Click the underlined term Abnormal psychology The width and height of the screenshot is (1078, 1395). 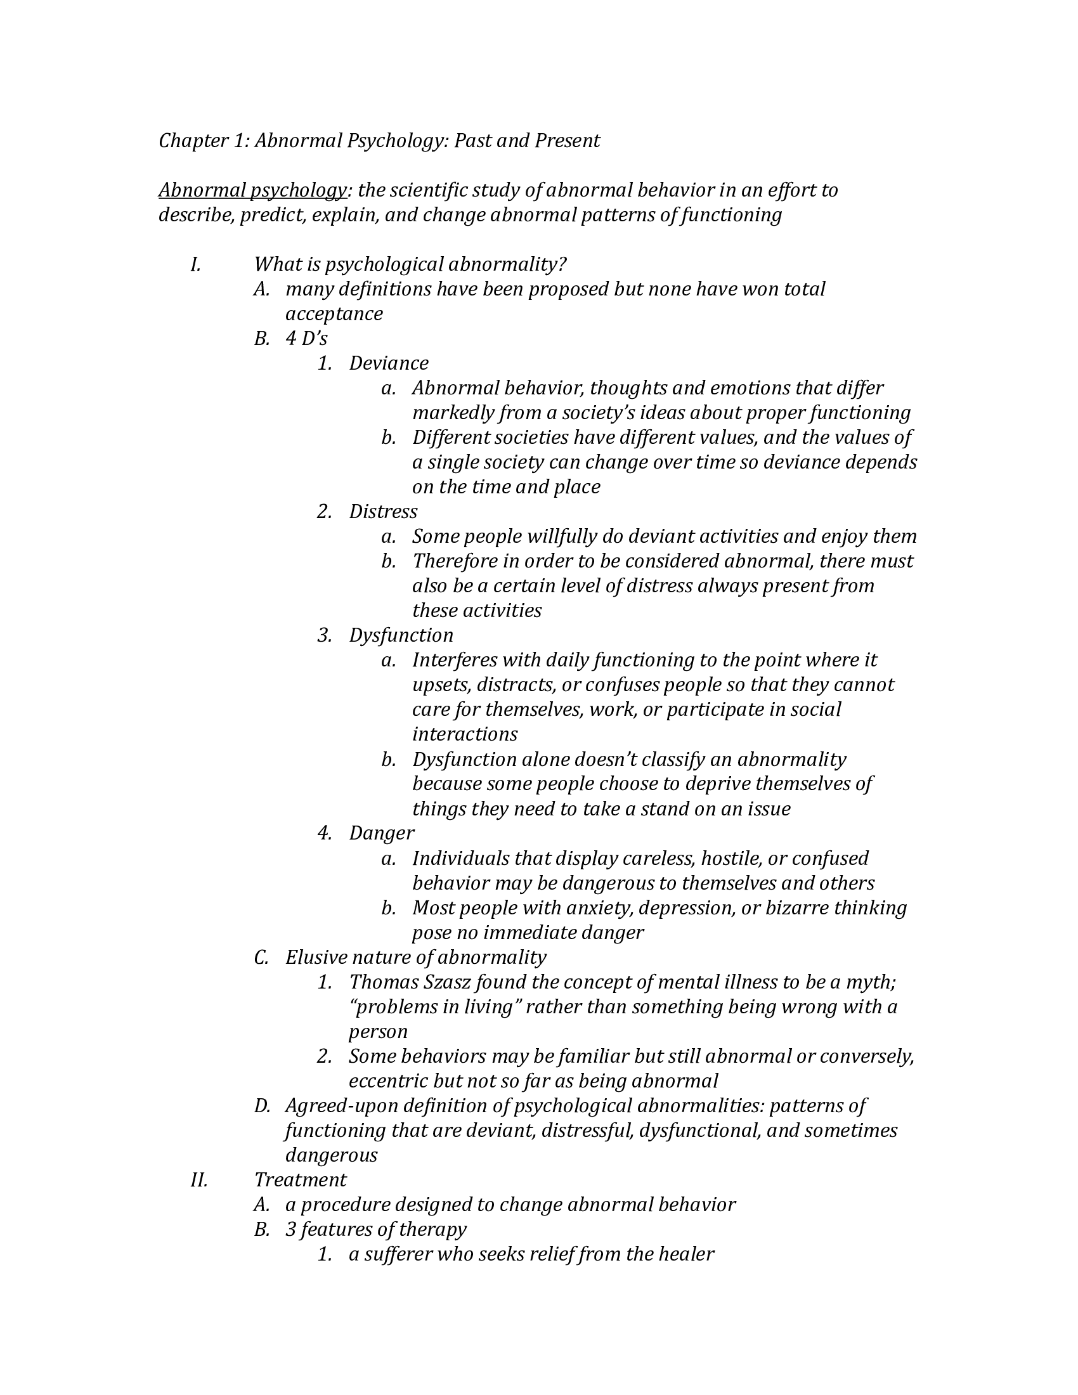point(252,190)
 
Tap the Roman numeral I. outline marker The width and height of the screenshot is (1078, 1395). point(195,264)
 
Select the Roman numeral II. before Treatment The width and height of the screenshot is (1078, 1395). point(198,1180)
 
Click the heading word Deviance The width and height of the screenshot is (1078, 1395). point(388,363)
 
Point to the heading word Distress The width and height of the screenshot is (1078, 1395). point(382,512)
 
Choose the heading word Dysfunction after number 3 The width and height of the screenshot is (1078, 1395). point(400,635)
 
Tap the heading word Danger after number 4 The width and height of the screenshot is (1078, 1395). point(381,834)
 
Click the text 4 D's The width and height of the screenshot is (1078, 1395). point(306,339)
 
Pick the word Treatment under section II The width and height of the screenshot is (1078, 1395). point(300,1180)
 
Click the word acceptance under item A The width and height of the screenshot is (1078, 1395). point(334,315)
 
